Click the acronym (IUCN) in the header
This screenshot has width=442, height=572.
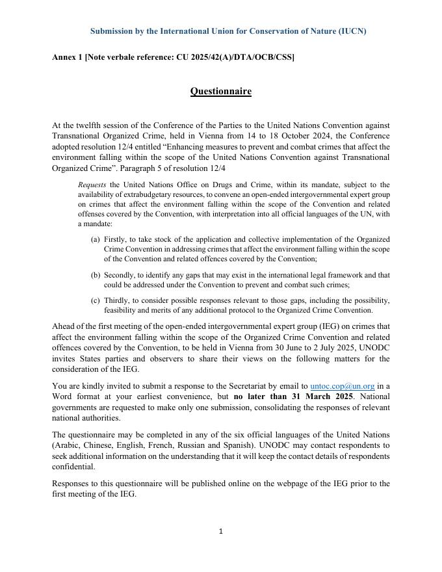pyautogui.click(x=350, y=31)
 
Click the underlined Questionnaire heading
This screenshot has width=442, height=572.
pyautogui.click(x=220, y=91)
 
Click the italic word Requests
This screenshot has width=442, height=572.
pyautogui.click(x=92, y=185)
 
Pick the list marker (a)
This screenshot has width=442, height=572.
pyautogui.click(x=96, y=240)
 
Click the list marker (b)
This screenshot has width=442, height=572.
pyautogui.click(x=96, y=276)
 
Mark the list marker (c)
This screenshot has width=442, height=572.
pyautogui.click(x=96, y=300)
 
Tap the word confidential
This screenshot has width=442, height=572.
pyautogui.click(x=73, y=467)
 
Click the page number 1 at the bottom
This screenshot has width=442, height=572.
pyautogui.click(x=221, y=532)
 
